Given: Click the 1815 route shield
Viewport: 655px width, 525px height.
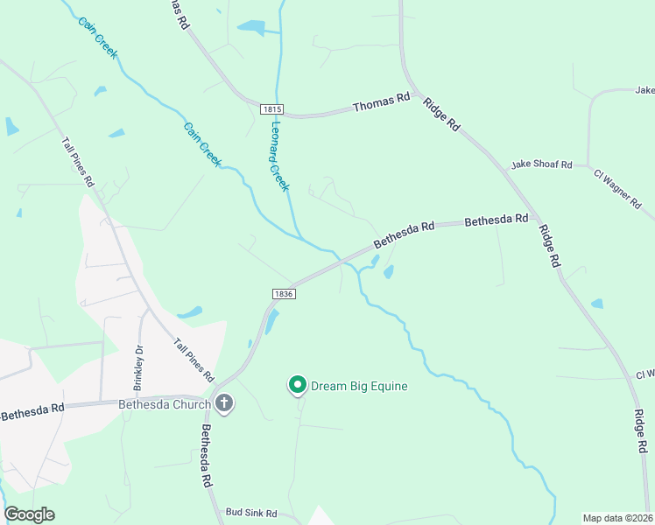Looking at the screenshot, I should pos(271,108).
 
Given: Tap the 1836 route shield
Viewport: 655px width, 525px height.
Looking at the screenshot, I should pos(282,294).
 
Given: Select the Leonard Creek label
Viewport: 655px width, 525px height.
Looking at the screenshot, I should pos(278,156).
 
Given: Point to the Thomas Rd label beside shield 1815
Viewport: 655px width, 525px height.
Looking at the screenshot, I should pos(381,104).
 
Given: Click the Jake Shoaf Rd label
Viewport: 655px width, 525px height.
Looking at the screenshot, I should pos(541,164).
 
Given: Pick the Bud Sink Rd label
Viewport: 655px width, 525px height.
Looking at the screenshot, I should pos(250,513).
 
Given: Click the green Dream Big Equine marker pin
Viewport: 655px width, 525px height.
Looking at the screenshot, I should pos(298,384).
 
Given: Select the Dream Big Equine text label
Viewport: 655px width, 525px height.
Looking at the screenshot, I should pos(360,385).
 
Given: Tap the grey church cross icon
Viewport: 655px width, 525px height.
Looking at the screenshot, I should pos(223,404).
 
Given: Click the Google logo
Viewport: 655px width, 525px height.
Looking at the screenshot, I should pos(29,514).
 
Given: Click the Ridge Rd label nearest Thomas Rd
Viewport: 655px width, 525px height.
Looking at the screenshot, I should pos(441,115).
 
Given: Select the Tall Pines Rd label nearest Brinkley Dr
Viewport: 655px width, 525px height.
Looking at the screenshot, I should pos(194,360).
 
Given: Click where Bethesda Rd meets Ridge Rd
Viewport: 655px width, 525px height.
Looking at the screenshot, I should pos(536,222).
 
